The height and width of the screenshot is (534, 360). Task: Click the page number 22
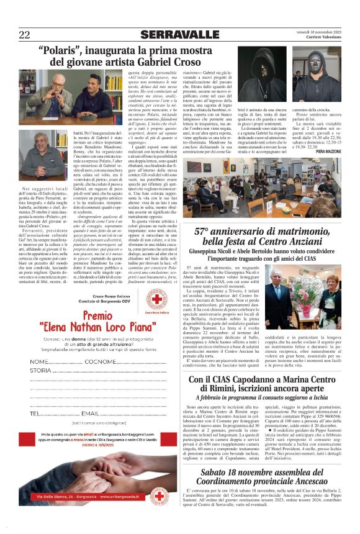coord(24,34)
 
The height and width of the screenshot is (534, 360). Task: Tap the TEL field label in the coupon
coord(35,413)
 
